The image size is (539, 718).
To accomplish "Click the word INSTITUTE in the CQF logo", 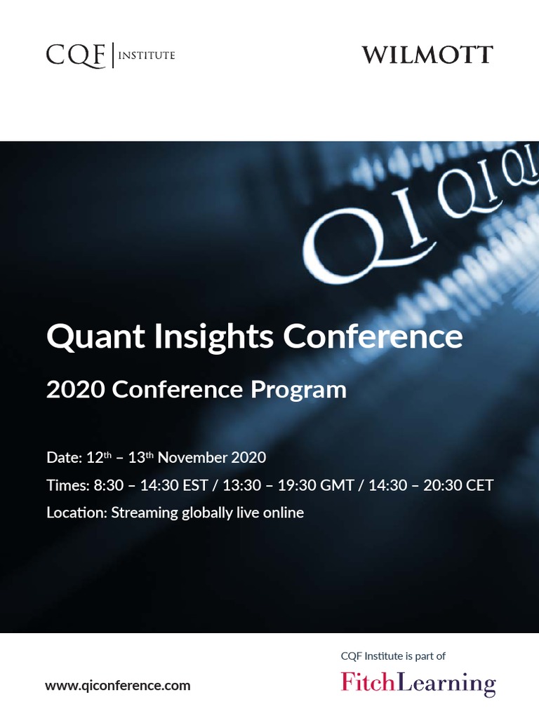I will (146, 55).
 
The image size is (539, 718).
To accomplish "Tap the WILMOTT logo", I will (427, 55).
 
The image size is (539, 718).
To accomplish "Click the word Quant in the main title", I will (86, 337).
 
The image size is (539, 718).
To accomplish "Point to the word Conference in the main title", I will (373, 337).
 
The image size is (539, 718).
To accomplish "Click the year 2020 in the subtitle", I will (76, 390).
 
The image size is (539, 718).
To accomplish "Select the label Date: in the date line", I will (64, 458).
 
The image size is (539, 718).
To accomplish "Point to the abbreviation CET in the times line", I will (479, 485).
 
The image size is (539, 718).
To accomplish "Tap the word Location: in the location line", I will (76, 513).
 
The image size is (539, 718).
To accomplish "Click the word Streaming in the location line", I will (145, 513).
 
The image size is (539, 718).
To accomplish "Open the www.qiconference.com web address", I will (118, 686).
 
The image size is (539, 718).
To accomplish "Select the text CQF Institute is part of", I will (393, 656).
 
